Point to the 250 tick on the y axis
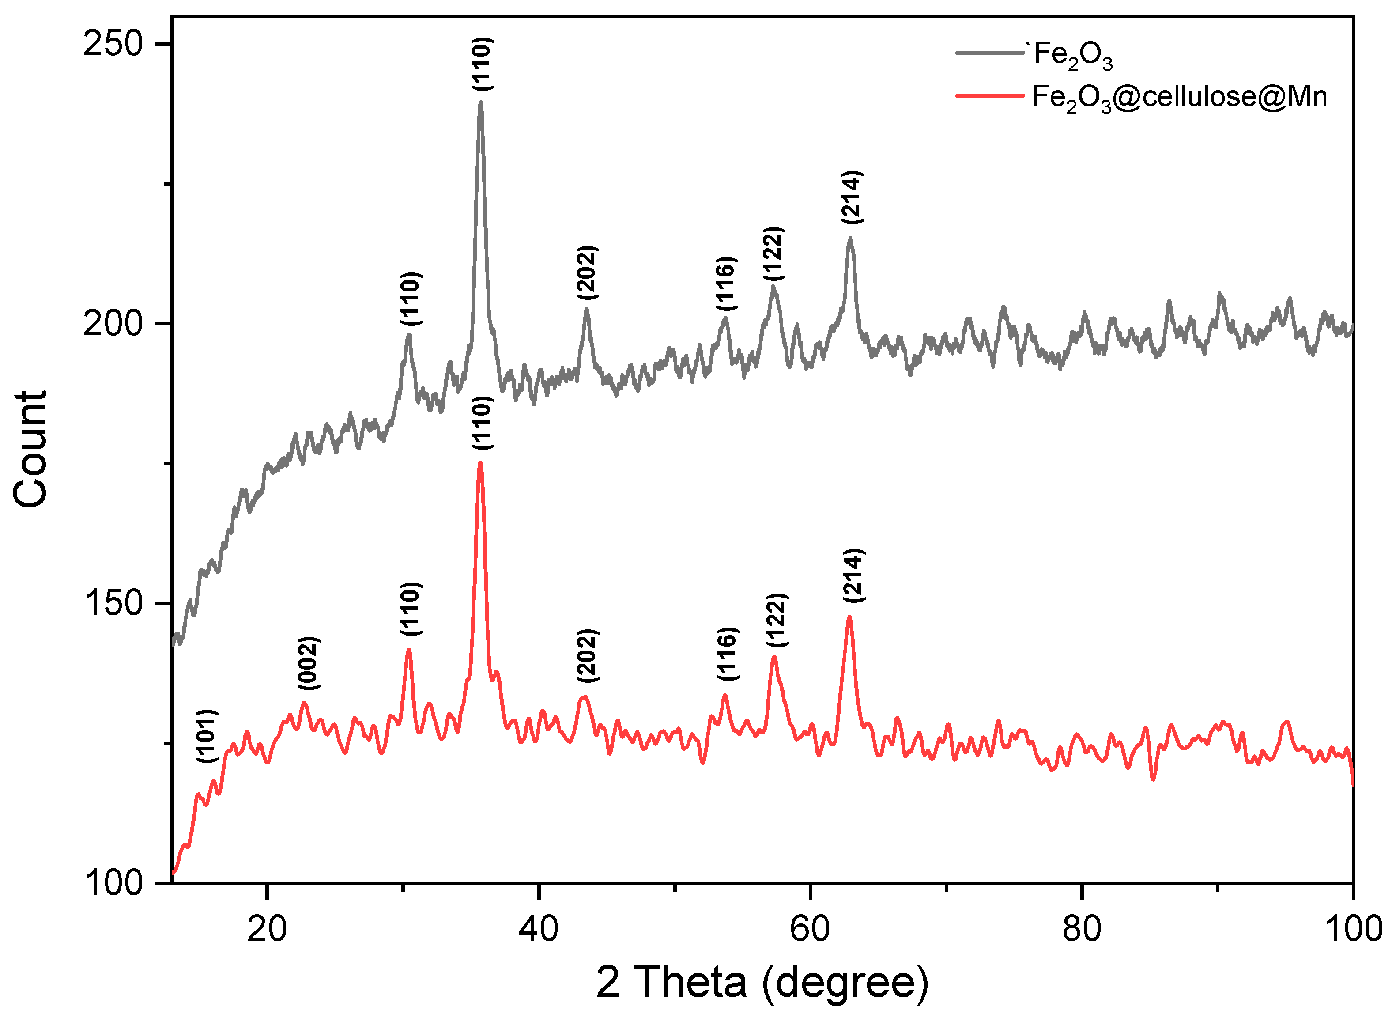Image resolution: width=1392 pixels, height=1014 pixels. point(113,44)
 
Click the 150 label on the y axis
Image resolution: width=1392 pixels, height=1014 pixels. point(113,603)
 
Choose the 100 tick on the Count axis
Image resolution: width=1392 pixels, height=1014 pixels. point(113,883)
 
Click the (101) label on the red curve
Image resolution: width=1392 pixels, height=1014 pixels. point(207,736)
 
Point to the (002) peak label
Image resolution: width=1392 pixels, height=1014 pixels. point(308,663)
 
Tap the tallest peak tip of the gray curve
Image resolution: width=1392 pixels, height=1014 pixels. point(481,102)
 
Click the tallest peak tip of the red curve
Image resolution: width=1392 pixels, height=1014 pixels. point(480,463)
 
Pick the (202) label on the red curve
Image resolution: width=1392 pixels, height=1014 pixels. point(587,655)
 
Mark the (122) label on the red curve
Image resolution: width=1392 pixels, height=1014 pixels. point(777,620)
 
